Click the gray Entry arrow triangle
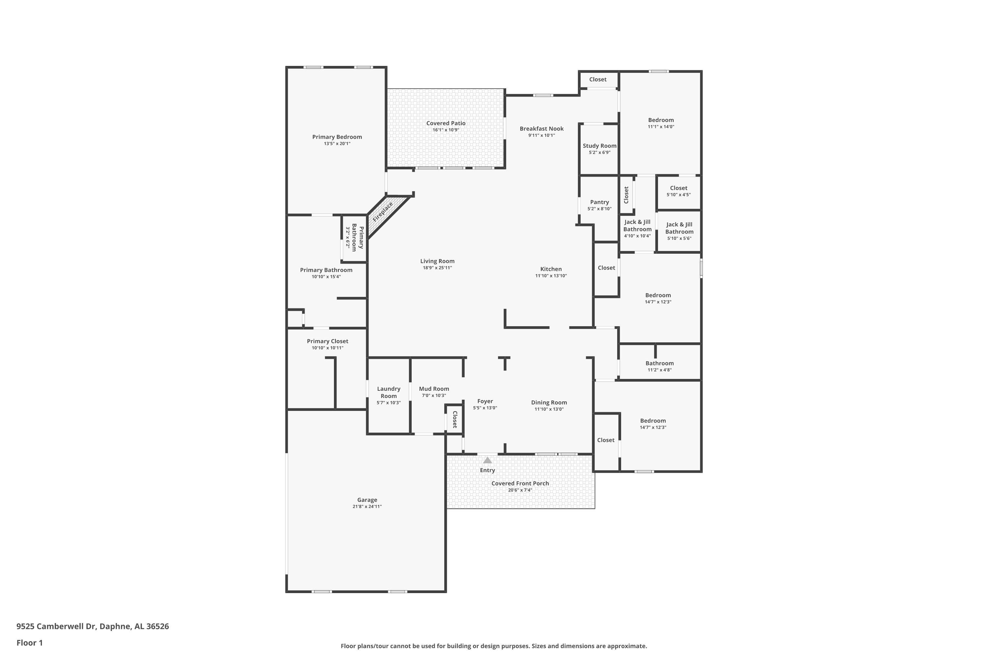[x=487, y=460]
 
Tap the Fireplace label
[x=383, y=212]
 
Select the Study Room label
[x=599, y=146]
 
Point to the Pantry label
[x=599, y=202]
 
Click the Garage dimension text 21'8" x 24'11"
[x=367, y=506]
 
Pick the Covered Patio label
[x=446, y=123]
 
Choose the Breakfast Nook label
[x=541, y=129]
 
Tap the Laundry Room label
[x=389, y=392]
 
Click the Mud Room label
[x=434, y=389]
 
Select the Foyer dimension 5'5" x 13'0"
[x=485, y=408]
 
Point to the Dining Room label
[x=549, y=403]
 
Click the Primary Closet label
[x=327, y=341]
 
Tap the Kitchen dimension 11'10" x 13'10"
[x=551, y=276]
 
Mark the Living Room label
[x=437, y=261]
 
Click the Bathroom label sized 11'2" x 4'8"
[x=660, y=363]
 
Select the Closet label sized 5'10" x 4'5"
[x=678, y=188]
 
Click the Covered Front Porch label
[x=520, y=483]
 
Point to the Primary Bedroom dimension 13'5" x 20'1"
[x=337, y=144]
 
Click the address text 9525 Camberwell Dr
[x=56, y=626]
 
